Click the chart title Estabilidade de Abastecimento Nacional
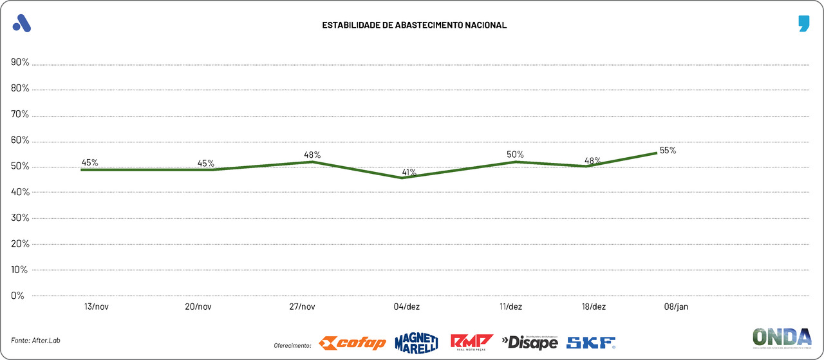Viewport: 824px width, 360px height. [x=415, y=25]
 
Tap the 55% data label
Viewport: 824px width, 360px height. [x=668, y=151]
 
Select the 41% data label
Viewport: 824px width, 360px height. [x=409, y=173]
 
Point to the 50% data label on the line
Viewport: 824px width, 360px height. [x=515, y=155]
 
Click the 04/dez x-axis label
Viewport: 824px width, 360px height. [x=407, y=307]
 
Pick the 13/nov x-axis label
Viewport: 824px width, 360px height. [x=96, y=307]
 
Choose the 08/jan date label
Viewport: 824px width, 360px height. [x=676, y=307]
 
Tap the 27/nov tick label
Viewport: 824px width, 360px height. [x=303, y=307]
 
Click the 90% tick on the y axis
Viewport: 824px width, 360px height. [x=20, y=62]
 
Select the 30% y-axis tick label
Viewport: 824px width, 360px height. [x=20, y=218]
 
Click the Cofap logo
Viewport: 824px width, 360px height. [x=353, y=343]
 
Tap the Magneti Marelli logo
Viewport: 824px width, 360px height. [x=416, y=342]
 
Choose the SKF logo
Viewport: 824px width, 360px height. [x=591, y=343]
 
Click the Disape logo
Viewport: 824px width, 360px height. [x=529, y=342]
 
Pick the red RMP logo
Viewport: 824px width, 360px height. [x=471, y=341]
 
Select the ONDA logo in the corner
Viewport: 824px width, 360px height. [x=782, y=338]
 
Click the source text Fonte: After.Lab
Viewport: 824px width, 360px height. [x=40, y=339]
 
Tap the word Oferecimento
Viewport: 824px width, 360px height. [x=292, y=346]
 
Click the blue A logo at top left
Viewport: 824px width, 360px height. [x=22, y=23]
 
